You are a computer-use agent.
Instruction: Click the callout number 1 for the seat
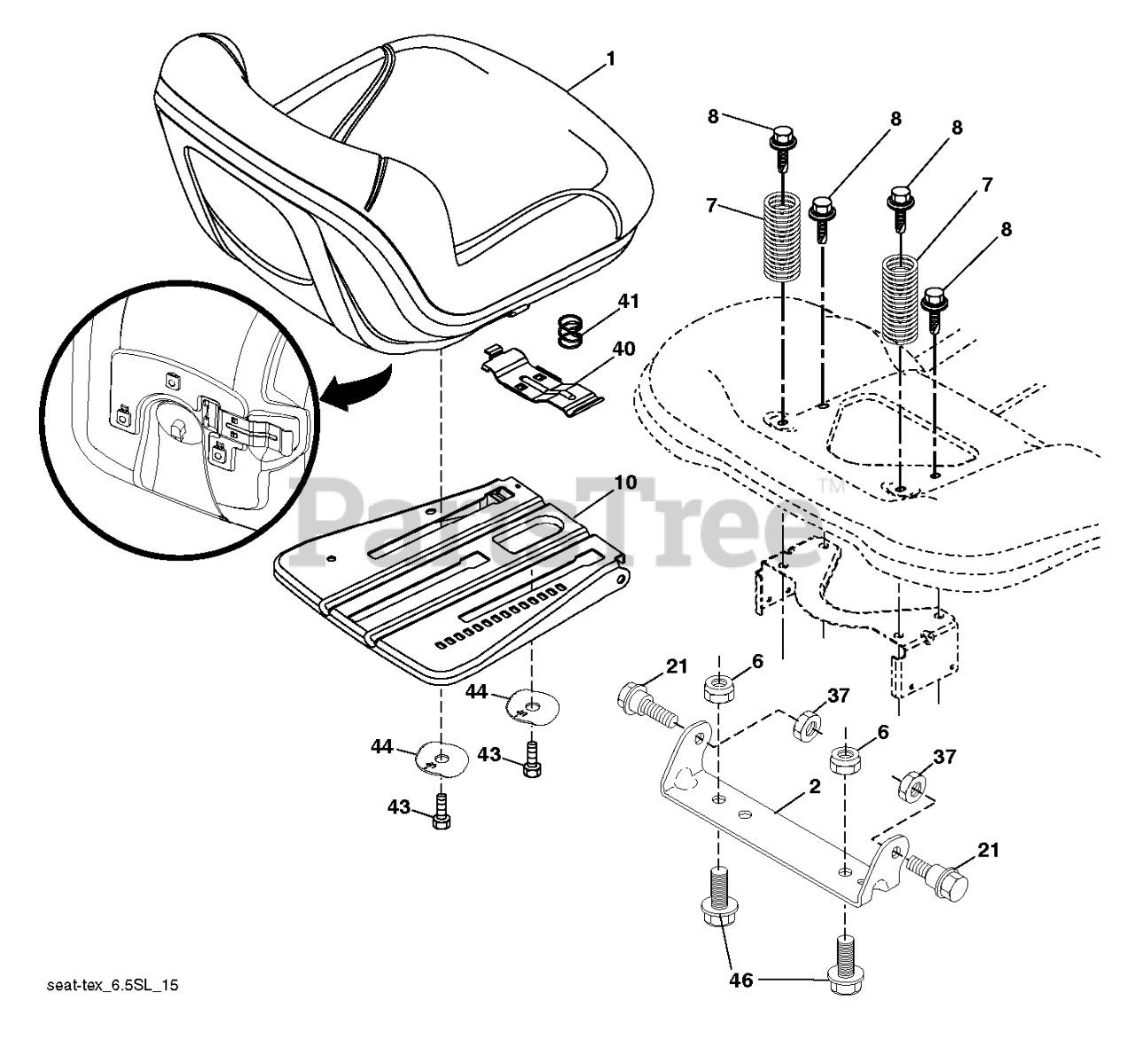[x=610, y=59]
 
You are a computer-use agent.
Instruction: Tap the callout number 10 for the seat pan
[x=624, y=484]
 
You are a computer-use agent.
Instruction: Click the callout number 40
[x=623, y=349]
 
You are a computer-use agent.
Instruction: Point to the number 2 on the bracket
[x=814, y=786]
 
